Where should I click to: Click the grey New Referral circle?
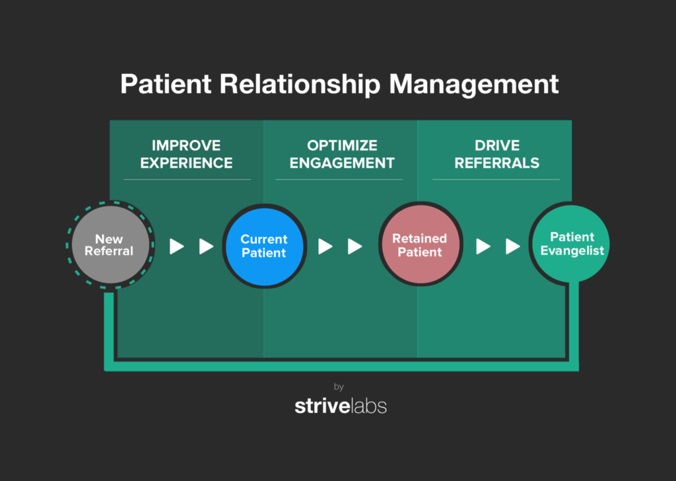110,244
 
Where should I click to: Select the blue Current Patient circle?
264,246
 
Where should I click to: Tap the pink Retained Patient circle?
421,244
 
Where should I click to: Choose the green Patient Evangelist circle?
571,244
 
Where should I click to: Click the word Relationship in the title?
300,84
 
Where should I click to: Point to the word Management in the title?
474,84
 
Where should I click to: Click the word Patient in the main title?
166,84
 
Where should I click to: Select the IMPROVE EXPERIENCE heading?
186,154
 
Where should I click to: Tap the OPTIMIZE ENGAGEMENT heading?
342,154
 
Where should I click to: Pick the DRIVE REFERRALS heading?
496,154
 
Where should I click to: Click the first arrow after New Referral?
177,246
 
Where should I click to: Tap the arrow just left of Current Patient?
206,246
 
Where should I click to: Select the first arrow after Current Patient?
325,246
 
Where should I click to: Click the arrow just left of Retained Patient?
355,246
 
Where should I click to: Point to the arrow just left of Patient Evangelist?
512,246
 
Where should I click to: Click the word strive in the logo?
322,406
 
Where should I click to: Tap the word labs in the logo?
370,406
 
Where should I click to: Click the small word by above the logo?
339,387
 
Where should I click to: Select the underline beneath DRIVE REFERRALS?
496,180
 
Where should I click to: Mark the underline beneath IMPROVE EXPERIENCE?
187,180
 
